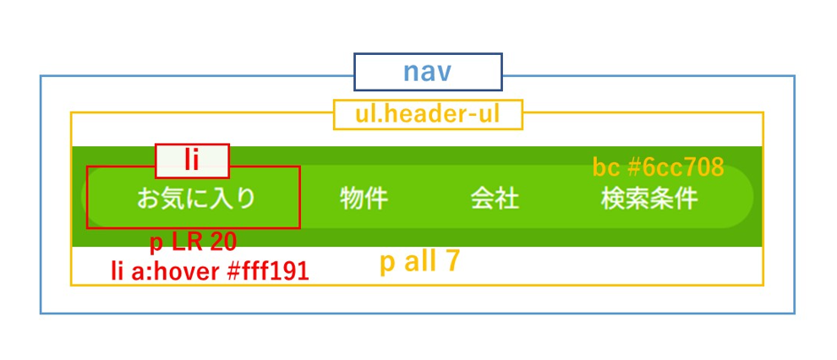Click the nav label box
coord(428,72)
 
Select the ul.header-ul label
coord(428,114)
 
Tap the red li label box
coord(192,160)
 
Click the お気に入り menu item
coord(196,199)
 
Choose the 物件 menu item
coord(364,199)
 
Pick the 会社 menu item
coord(495,199)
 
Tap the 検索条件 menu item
coord(649,199)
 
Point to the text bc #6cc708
coord(658,167)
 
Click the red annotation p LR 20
coord(193,243)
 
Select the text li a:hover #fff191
coord(210,271)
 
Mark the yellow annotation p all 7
coord(419,262)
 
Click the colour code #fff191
coord(268,271)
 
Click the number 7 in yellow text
coord(452,262)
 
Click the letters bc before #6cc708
coord(605,167)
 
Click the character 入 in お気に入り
coord(222,199)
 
